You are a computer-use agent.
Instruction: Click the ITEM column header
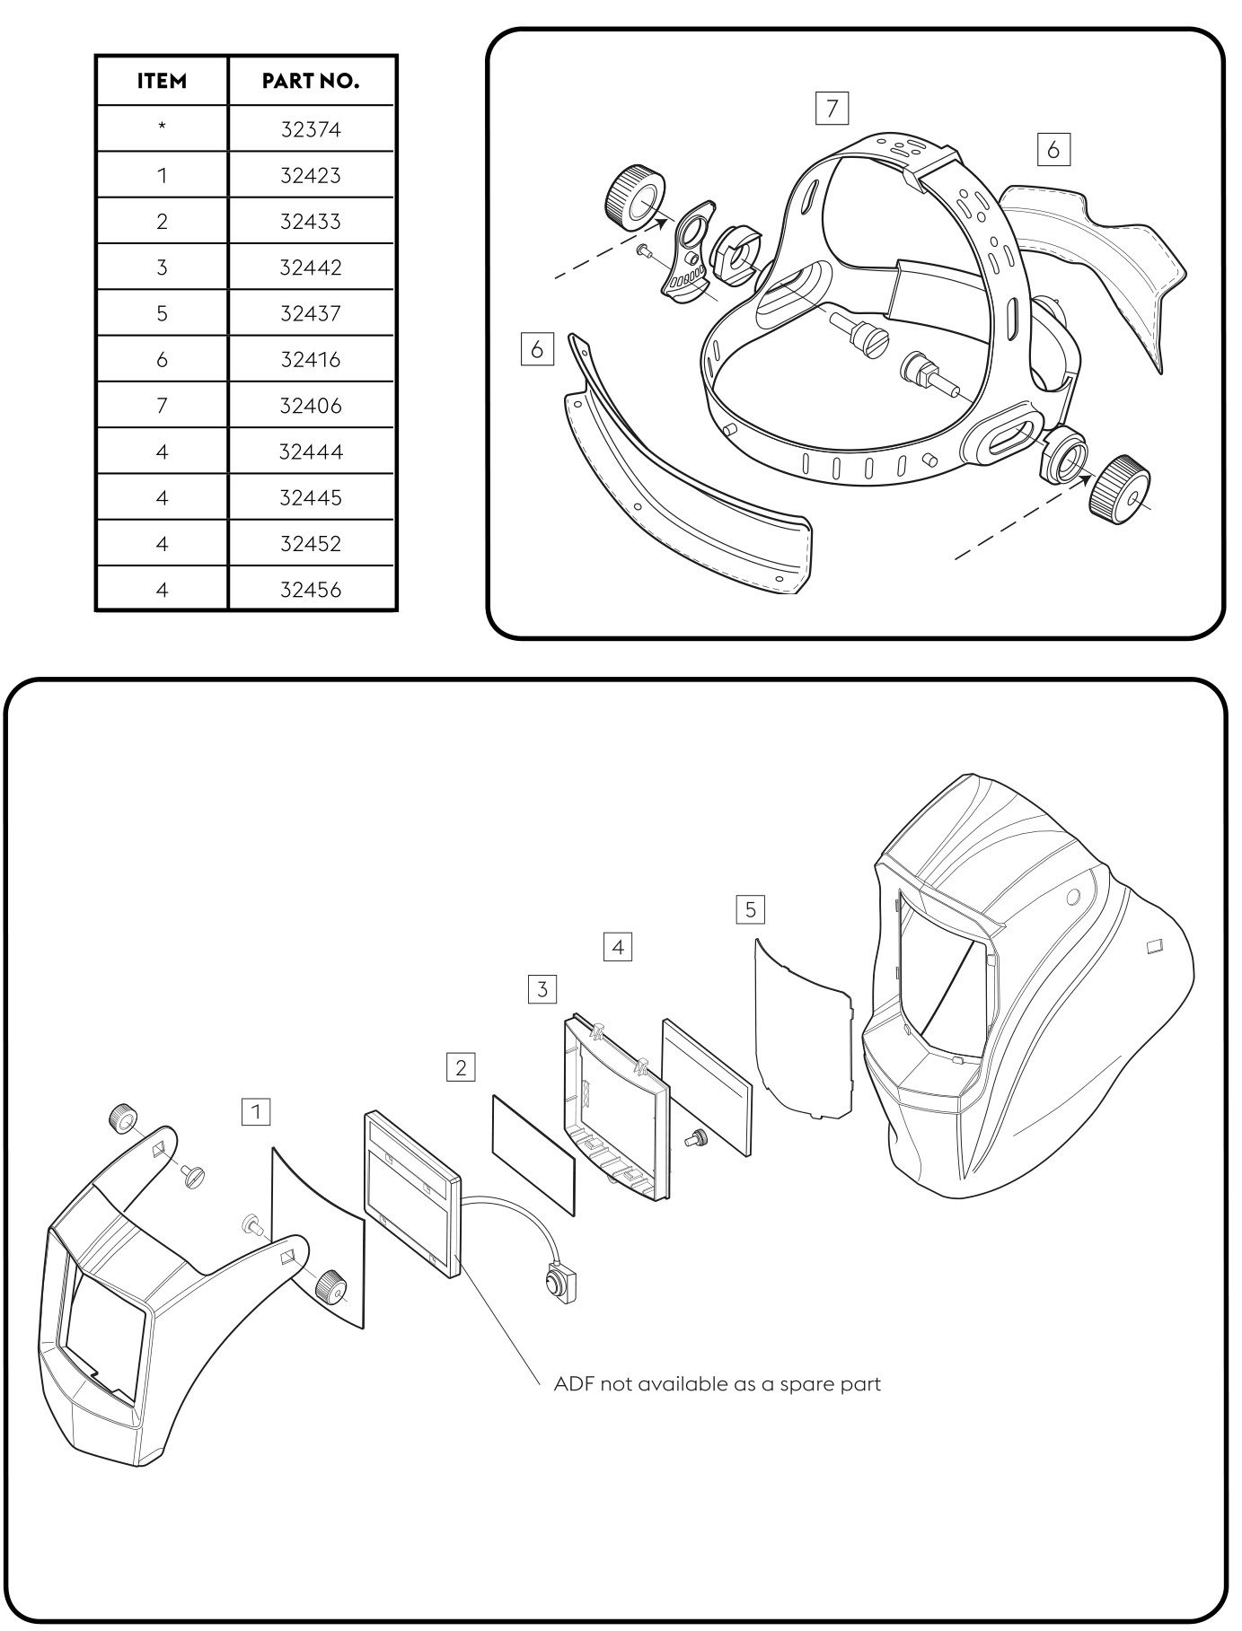[x=162, y=81]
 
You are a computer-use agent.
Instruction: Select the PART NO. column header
[x=311, y=81]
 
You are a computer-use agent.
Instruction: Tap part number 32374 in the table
[x=311, y=129]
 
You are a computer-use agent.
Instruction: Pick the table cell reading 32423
[x=311, y=175]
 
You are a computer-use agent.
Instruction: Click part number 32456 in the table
[x=311, y=590]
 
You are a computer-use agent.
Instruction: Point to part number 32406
[x=311, y=406]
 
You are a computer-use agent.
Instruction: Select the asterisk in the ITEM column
[x=162, y=127]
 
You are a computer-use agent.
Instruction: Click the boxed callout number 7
[x=832, y=109]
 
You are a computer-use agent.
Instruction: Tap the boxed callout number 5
[x=750, y=909]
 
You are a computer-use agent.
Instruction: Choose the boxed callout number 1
[x=256, y=1112]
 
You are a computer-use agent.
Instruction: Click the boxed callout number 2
[x=461, y=1067]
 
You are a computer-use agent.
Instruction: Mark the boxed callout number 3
[x=542, y=989]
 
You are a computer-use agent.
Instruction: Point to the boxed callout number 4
[x=618, y=946]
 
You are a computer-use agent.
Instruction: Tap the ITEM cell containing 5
[x=162, y=313]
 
